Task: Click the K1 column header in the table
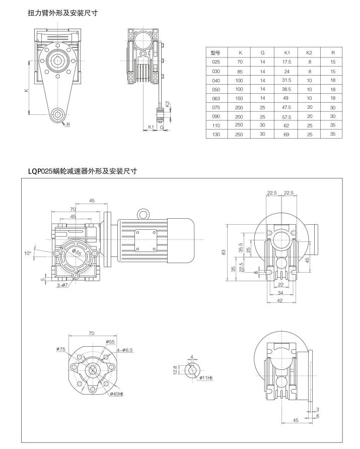coord(287,52)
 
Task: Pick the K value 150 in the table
coord(241,98)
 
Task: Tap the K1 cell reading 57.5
coord(287,116)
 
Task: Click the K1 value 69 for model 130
coord(287,134)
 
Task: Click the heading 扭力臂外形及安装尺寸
coord(62,14)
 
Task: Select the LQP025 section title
coord(83,171)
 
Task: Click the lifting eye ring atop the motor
coord(144,215)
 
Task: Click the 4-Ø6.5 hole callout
coord(124,349)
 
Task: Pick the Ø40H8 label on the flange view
coord(117,394)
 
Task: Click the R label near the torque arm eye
coord(68,124)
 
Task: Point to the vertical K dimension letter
coord(26,89)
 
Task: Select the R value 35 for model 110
coord(333,125)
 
